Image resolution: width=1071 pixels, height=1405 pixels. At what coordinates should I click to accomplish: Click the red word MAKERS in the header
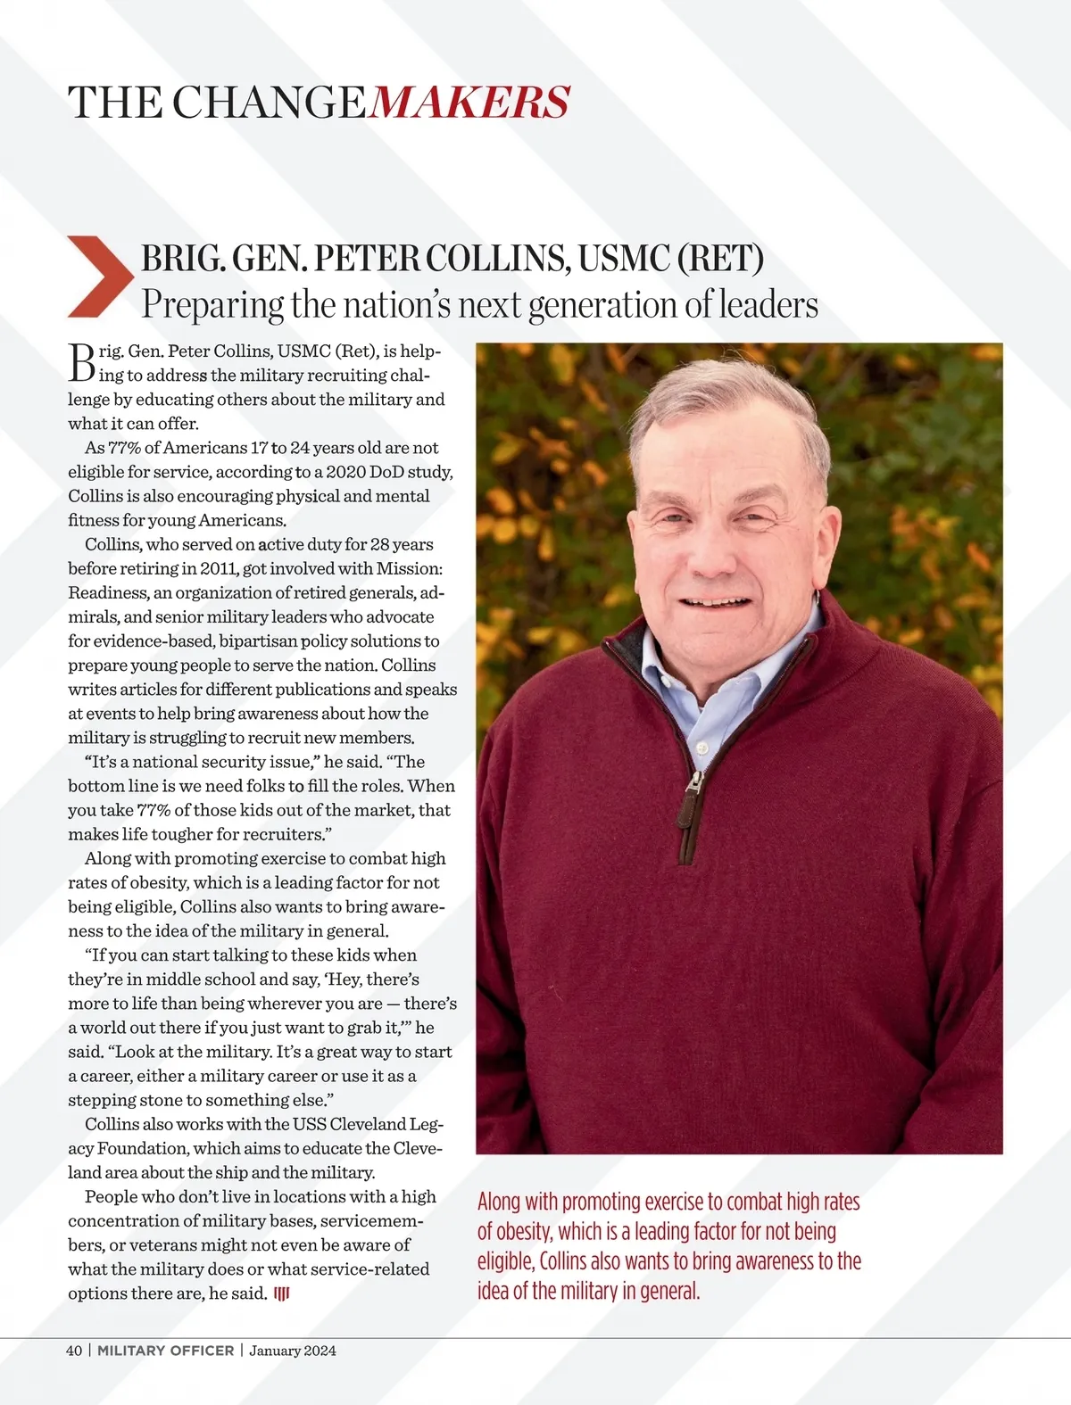pyautogui.click(x=469, y=103)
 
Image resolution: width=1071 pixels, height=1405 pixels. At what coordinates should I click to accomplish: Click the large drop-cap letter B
pyautogui.click(x=81, y=361)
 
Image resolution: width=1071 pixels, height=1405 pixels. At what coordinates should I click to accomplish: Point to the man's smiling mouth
pyautogui.click(x=714, y=602)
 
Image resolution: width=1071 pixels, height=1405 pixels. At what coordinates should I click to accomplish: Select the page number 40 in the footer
pyautogui.click(x=74, y=1351)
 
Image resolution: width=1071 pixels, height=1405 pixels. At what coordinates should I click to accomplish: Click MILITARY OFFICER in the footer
pyautogui.click(x=165, y=1351)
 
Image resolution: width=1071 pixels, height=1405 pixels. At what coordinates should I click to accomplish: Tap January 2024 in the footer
pyautogui.click(x=293, y=1351)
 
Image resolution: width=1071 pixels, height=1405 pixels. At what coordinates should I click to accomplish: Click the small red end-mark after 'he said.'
pyautogui.click(x=281, y=1293)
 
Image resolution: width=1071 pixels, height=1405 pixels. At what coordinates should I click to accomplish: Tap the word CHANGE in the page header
pyautogui.click(x=268, y=103)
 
